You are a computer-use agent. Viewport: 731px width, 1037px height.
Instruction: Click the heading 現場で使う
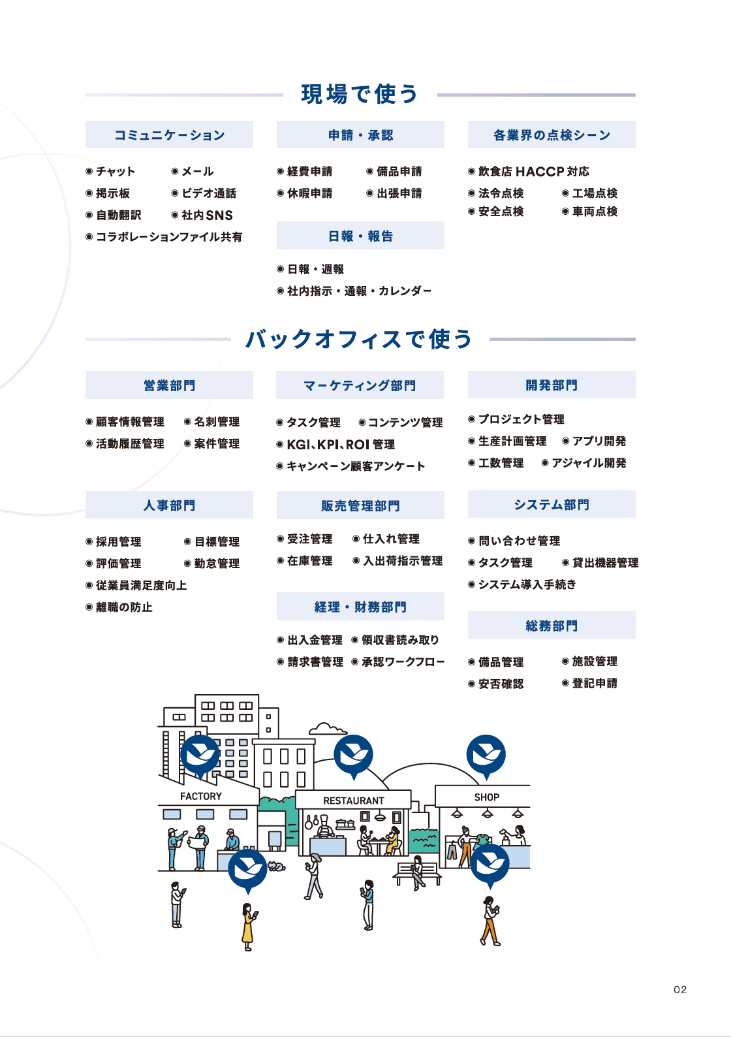360,94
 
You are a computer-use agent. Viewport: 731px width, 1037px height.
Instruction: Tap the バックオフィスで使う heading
359,339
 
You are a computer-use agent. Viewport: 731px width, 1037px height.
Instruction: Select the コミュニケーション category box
169,135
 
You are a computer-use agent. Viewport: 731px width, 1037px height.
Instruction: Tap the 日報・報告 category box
360,236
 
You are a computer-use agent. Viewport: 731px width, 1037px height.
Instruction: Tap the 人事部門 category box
169,505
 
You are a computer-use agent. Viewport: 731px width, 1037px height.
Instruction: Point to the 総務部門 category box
552,626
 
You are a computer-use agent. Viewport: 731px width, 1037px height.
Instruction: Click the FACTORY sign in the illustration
201,796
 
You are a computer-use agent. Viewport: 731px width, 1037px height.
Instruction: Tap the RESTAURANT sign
354,801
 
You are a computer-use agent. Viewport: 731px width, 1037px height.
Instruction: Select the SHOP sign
487,797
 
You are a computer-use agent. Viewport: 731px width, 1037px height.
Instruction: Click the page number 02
680,989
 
